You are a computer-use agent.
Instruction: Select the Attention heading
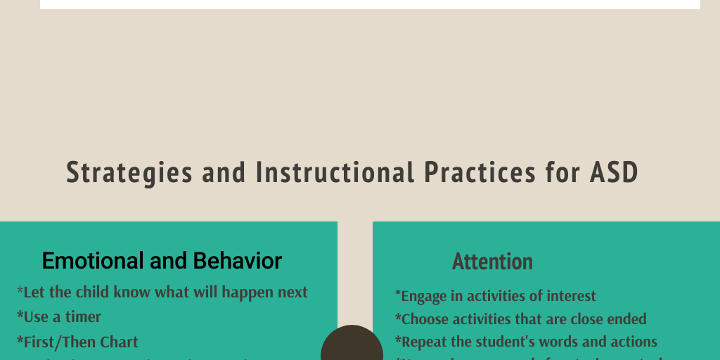click(492, 262)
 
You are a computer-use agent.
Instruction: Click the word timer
click(84, 317)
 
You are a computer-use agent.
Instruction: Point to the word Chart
click(120, 342)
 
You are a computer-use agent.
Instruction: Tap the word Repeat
click(424, 342)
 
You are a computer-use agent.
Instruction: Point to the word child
click(94, 292)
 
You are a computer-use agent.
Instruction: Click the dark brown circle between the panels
click(352, 346)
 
